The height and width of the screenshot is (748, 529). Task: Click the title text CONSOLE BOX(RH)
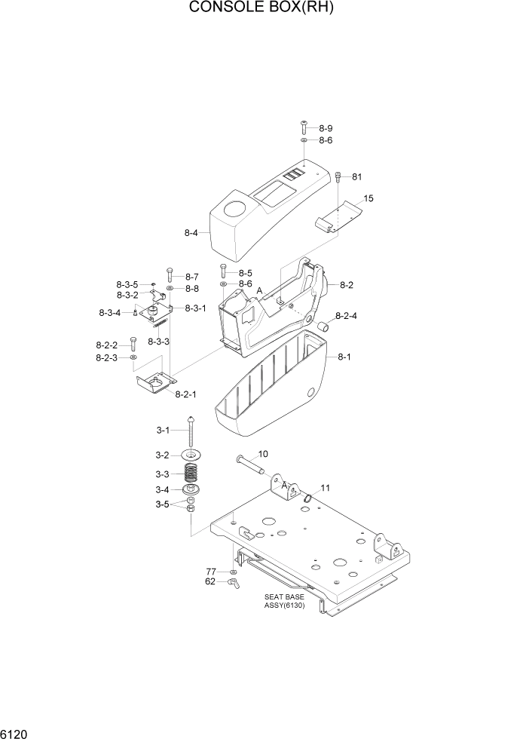point(261,9)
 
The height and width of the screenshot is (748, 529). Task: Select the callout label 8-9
point(326,128)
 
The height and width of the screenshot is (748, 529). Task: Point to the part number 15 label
point(368,199)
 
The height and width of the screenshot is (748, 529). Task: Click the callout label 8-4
point(191,234)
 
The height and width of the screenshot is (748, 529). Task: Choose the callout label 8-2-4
point(347,316)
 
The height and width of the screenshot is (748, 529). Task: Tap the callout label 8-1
point(344,357)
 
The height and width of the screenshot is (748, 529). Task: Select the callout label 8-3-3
point(158,342)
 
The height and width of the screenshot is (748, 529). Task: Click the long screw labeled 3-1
point(194,431)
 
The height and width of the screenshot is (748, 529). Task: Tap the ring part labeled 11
point(308,497)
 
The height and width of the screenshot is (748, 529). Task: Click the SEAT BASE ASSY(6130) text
point(284,601)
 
